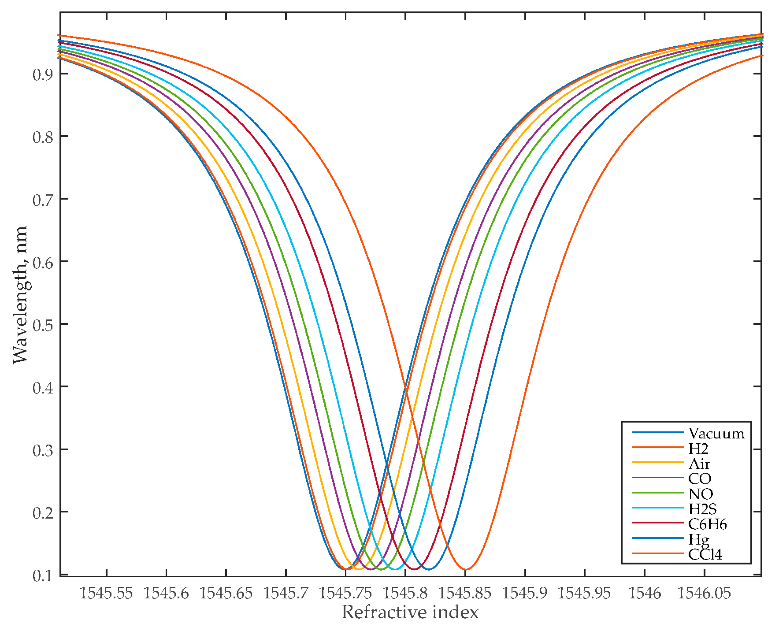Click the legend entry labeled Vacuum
[716, 434]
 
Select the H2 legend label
[698, 449]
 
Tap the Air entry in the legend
[699, 464]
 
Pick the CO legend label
[700, 479]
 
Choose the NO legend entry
[701, 494]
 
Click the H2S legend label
[702, 509]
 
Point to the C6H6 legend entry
[707, 524]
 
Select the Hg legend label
[699, 539]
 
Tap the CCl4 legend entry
[705, 554]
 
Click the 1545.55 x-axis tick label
[106, 593]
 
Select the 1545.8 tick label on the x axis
[405, 593]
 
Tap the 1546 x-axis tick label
[644, 593]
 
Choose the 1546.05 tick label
[704, 593]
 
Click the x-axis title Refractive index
[410, 612]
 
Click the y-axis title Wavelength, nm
[20, 295]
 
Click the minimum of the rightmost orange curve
[466, 569]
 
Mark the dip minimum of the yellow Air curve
[359, 569]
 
